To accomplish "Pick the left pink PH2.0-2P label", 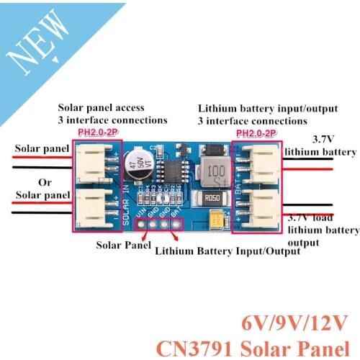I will click(x=96, y=132).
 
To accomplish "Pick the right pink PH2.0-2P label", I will click(x=258, y=132).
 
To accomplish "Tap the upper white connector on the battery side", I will click(x=260, y=162).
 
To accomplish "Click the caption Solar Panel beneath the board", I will click(x=123, y=243).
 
